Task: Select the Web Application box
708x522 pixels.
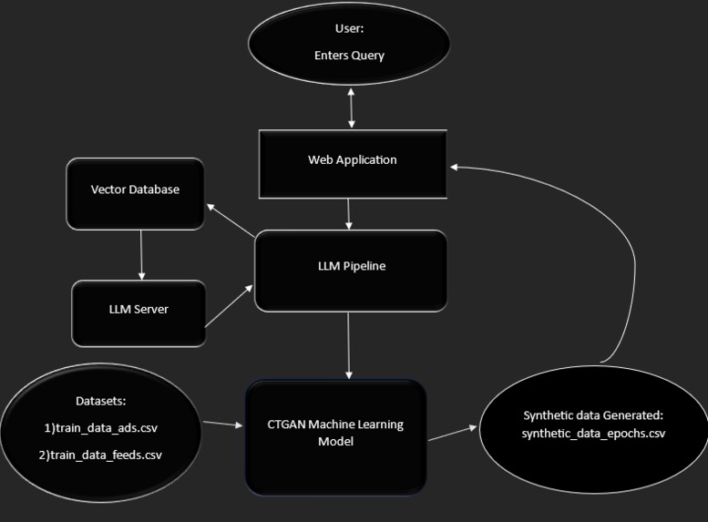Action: click(x=352, y=161)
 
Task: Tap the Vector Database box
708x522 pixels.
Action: click(x=135, y=190)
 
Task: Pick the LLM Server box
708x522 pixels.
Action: click(x=139, y=310)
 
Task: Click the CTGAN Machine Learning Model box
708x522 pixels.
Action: click(x=336, y=435)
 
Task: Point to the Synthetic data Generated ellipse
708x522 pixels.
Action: click(x=593, y=425)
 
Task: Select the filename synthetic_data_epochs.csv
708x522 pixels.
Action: click(x=593, y=433)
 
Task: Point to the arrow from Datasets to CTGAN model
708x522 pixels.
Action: click(x=222, y=424)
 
